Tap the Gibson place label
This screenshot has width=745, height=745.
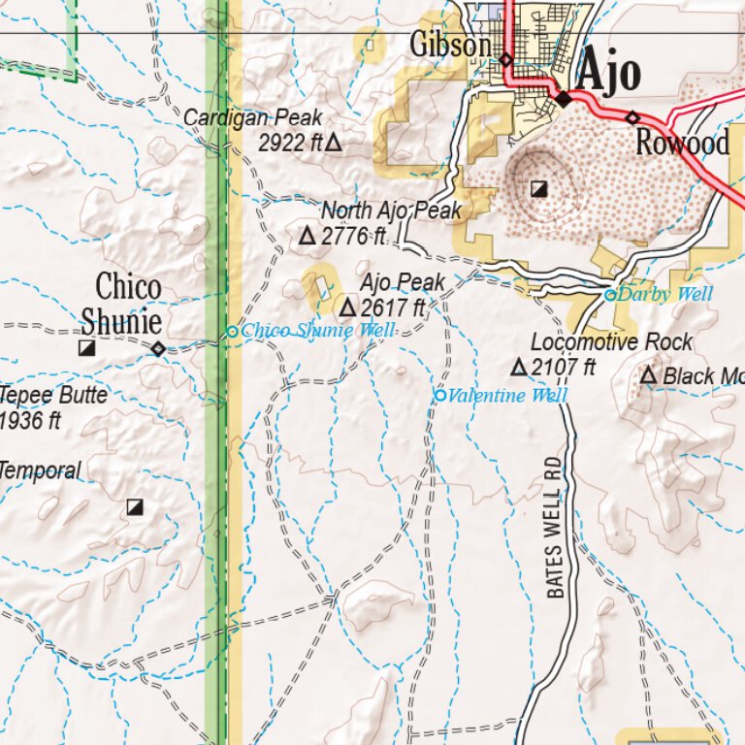(x=449, y=45)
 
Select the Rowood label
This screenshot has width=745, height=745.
(x=682, y=144)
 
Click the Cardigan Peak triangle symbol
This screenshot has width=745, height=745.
(x=334, y=144)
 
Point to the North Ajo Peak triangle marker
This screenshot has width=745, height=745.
(x=307, y=236)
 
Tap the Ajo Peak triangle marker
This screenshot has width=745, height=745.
(x=346, y=308)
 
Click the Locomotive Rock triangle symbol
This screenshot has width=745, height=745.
(x=518, y=367)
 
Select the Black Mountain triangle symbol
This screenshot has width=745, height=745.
(x=648, y=375)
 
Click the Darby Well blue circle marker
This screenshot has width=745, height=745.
(x=610, y=295)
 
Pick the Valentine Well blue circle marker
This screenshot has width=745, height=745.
(x=439, y=395)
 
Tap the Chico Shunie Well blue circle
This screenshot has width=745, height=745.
(x=232, y=332)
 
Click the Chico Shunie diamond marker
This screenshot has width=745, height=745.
(x=157, y=348)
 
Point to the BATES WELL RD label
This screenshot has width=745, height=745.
(x=554, y=527)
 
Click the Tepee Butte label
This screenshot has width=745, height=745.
(x=53, y=396)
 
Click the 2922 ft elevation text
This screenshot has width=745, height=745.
(x=290, y=144)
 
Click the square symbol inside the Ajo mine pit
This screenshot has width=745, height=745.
(x=539, y=188)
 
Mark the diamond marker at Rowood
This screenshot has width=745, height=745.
(x=632, y=117)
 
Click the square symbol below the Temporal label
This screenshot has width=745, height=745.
(x=135, y=506)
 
